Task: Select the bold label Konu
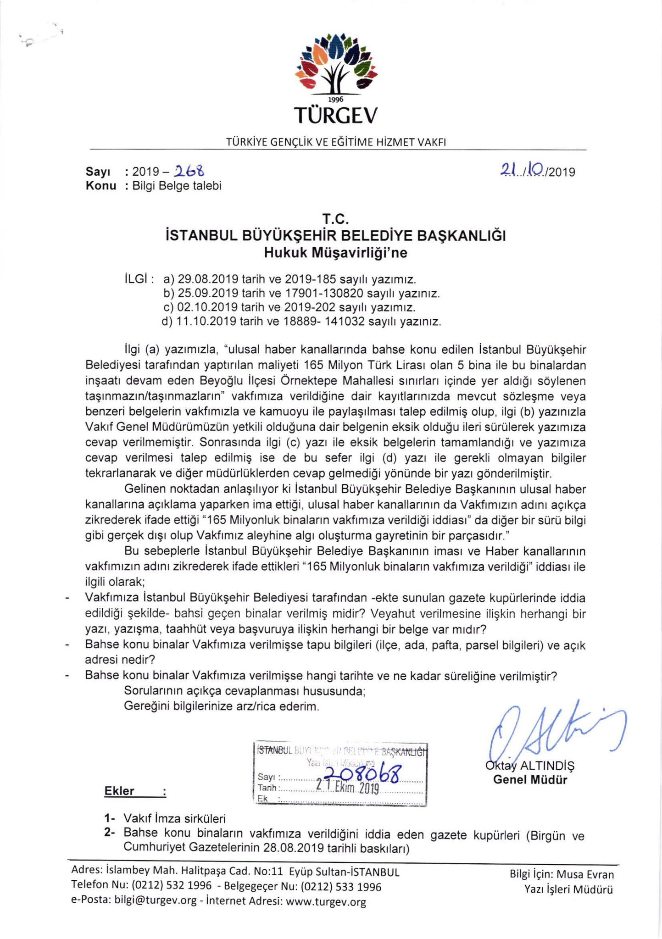click(x=100, y=186)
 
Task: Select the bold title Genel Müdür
click(x=530, y=780)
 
